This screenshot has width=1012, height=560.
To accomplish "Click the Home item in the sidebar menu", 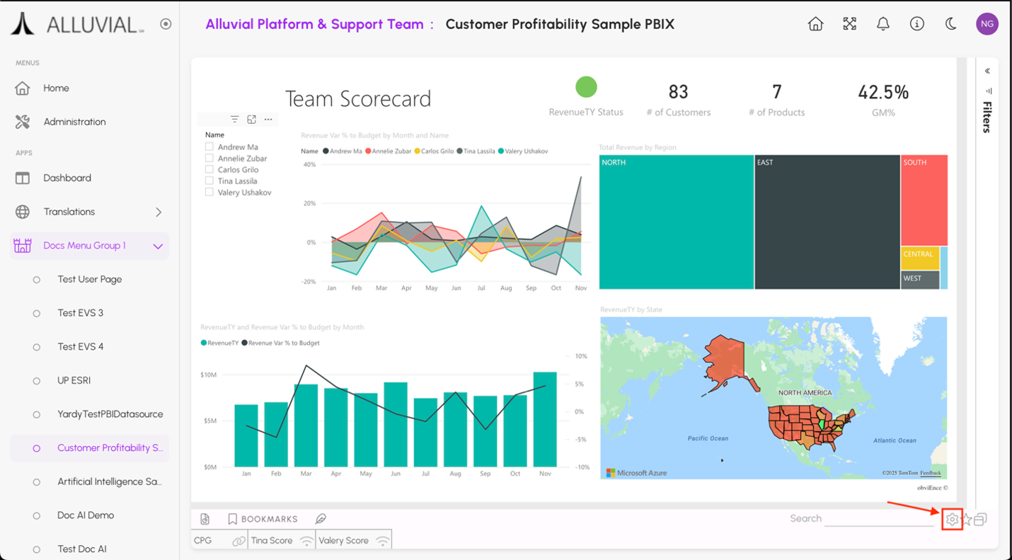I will [56, 88].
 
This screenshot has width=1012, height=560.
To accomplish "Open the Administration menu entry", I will [74, 122].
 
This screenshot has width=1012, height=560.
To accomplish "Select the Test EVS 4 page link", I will [80, 347].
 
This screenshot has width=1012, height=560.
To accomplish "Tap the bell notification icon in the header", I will [882, 24].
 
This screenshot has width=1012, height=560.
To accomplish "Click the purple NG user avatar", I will [987, 24].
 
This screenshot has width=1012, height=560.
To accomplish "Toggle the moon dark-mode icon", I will [950, 24].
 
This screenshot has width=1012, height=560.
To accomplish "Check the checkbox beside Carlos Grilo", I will [209, 170].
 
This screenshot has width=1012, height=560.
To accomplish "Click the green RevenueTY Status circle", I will [586, 87].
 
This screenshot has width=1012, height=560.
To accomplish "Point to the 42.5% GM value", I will [882, 93].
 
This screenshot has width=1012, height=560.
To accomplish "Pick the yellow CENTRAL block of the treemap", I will [919, 258].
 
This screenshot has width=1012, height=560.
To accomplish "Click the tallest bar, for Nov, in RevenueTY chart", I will [545, 419].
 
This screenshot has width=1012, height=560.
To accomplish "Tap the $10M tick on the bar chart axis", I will [209, 375].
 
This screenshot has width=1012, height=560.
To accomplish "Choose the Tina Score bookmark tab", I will [272, 540].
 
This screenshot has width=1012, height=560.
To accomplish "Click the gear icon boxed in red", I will [952, 520].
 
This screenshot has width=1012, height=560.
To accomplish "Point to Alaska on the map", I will [725, 361].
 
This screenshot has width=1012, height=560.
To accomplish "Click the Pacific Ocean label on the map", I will [708, 438].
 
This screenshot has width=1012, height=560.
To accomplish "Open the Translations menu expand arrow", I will [159, 212].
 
